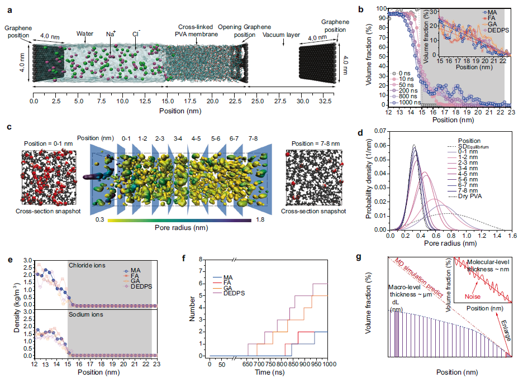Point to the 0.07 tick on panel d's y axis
pos(383,131)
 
